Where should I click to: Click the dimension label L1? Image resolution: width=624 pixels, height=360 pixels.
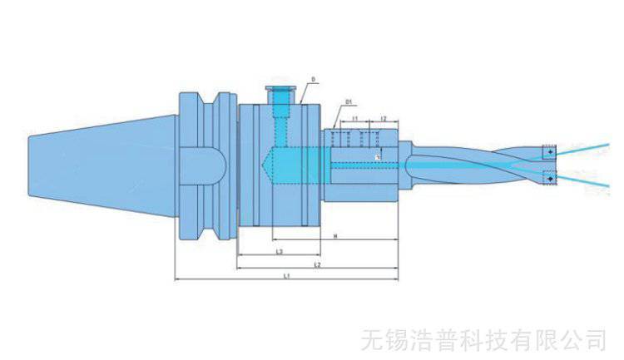point(285,275)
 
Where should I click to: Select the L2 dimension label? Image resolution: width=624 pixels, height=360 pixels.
point(318,264)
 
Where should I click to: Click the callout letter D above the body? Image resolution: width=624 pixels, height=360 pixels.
point(313,81)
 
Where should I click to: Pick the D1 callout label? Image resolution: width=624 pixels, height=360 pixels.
point(349,102)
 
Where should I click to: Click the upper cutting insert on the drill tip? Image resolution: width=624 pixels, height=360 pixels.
point(549,152)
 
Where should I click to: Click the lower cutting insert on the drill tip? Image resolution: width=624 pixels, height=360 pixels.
point(549,177)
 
